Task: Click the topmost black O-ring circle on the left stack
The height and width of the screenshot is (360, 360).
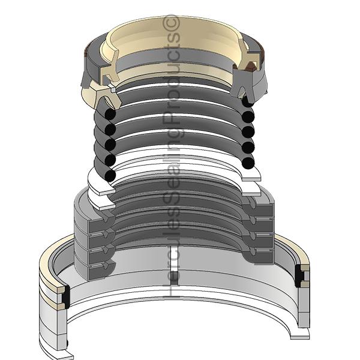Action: pyautogui.click(x=110, y=114)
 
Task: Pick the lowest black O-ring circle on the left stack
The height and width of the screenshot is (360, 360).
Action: pyautogui.click(x=110, y=175)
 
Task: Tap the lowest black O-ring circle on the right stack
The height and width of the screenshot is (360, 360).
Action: pyautogui.click(x=248, y=163)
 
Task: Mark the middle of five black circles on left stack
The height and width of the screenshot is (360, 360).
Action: pyautogui.click(x=110, y=145)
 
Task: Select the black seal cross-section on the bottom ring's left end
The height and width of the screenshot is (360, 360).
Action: pyautogui.click(x=66, y=296)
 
